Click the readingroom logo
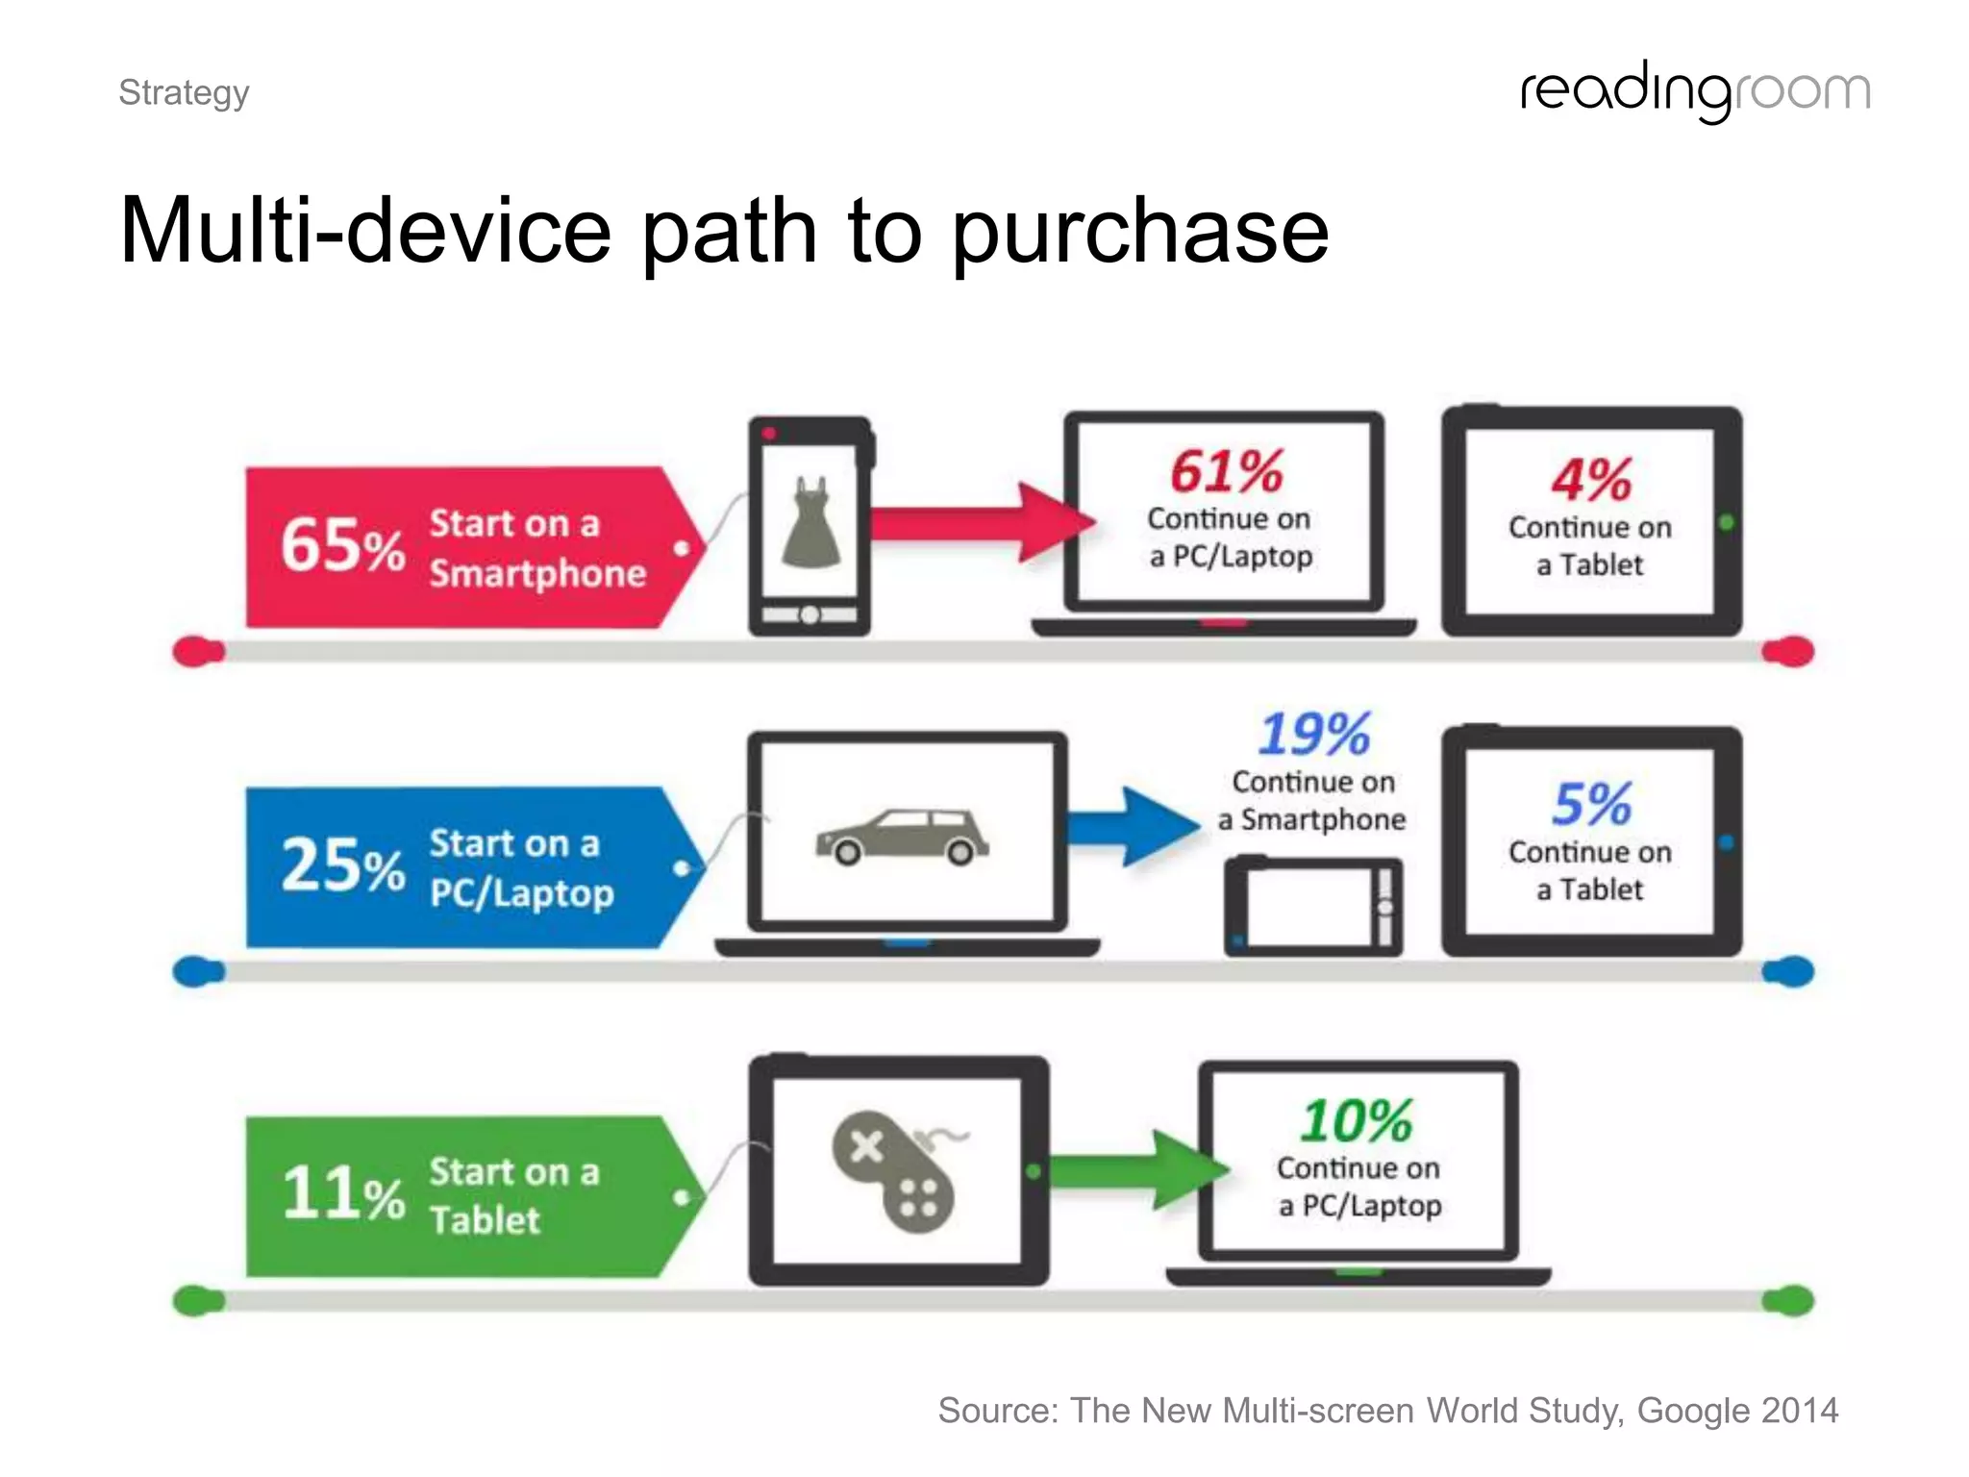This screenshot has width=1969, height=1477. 1695,91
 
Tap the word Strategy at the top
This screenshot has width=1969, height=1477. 184,93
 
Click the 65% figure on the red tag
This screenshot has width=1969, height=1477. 342,545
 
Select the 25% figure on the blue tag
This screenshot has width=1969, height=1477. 342,865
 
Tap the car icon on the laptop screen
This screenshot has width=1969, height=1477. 902,837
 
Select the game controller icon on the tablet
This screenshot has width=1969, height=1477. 894,1170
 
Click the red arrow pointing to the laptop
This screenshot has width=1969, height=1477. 981,522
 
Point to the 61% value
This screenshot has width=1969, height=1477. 1227,472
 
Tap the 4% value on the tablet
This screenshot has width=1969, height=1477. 1591,480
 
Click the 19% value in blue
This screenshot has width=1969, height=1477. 1314,735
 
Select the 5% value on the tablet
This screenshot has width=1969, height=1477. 1591,804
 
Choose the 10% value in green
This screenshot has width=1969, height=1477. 1357,1121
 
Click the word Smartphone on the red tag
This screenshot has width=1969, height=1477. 537,574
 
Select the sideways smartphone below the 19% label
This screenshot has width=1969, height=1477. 1313,907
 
